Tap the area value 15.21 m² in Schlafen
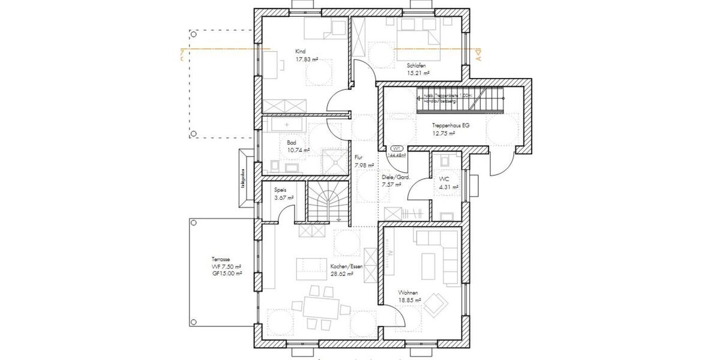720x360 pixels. point(418,73)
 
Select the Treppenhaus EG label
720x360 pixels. point(450,125)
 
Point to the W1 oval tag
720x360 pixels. point(396,148)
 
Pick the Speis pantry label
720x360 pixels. point(280,189)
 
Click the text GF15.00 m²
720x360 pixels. point(226,273)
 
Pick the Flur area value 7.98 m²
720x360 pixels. point(364,165)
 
